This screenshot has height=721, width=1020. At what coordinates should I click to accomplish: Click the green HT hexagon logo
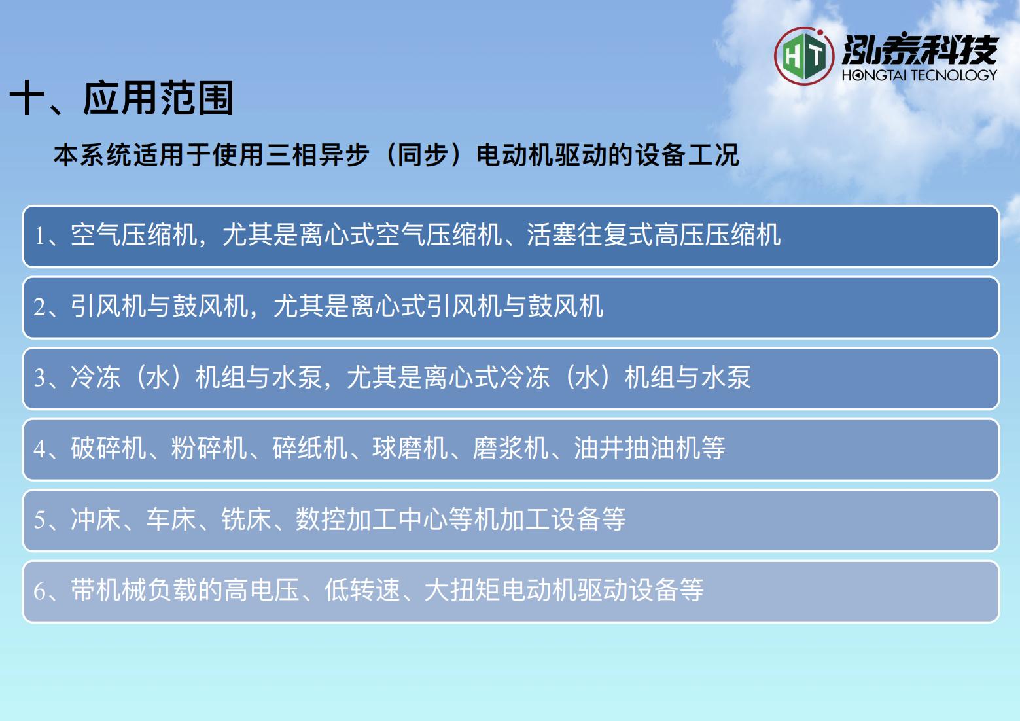click(804, 56)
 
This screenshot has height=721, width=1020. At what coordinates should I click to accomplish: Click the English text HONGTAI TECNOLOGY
click(919, 75)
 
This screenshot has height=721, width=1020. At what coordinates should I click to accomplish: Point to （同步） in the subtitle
click(423, 155)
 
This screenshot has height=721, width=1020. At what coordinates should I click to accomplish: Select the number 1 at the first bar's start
click(40, 236)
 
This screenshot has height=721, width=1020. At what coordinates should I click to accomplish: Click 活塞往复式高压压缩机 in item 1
click(654, 235)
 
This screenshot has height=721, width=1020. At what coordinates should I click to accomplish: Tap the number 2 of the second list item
click(40, 307)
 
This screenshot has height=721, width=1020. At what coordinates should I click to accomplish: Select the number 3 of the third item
click(40, 378)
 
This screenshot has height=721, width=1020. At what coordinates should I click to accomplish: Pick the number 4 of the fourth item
click(40, 449)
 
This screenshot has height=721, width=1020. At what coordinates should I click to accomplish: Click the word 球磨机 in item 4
click(410, 448)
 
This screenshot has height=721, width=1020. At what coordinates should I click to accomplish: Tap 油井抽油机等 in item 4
click(649, 448)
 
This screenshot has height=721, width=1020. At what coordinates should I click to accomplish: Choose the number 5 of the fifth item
click(40, 520)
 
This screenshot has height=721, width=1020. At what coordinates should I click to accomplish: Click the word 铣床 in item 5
click(247, 519)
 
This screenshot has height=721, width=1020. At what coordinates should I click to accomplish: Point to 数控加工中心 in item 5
click(372, 519)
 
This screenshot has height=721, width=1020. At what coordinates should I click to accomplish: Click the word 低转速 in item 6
click(362, 590)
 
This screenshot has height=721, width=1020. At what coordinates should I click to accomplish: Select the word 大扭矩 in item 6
click(462, 590)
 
